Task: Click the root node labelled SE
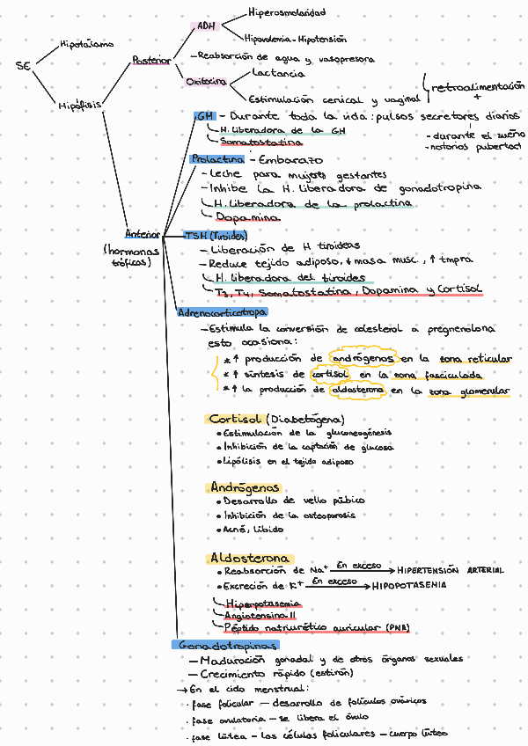pos(23,66)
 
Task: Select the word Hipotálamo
pos(85,42)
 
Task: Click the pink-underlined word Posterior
pos(151,60)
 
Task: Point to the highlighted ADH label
pos(206,26)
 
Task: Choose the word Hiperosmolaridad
pos(287,13)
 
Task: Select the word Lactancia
pos(279,73)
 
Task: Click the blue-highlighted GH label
pos(204,116)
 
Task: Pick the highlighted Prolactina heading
pos(217,159)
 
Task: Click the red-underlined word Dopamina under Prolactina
pos(248,217)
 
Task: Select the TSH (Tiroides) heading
pos(216,235)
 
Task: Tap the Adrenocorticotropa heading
pos(223,311)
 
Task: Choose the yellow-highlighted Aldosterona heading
pos(249,558)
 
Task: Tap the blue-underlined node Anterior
pos(143,235)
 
